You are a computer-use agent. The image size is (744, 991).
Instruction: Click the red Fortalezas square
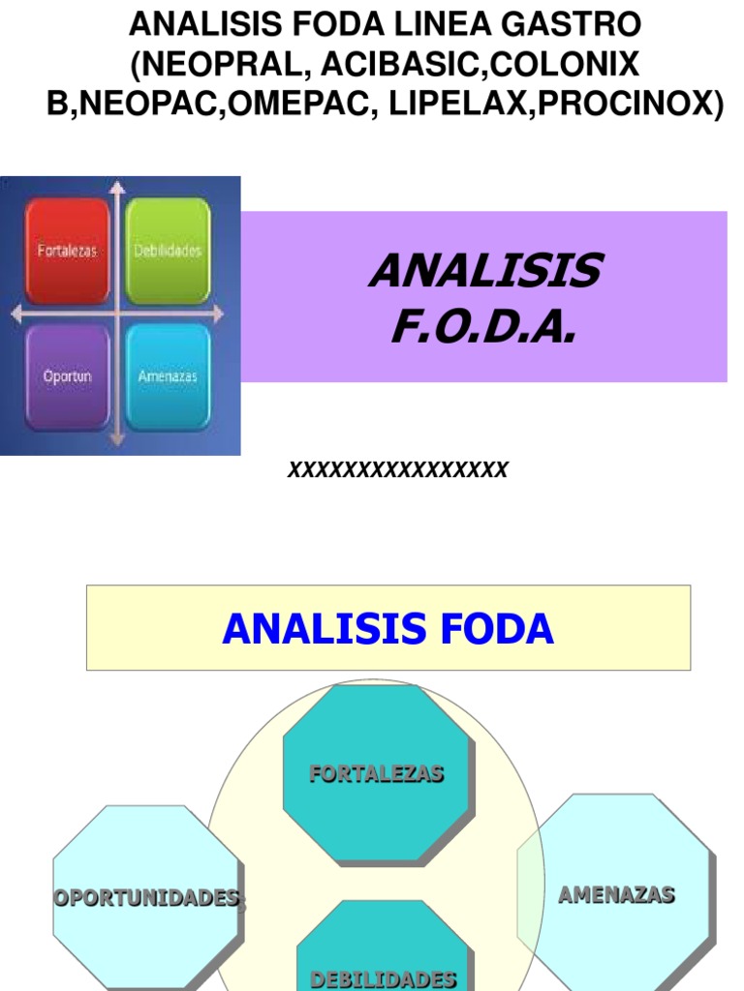click(x=67, y=251)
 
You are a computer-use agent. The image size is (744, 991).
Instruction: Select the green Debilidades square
click(x=168, y=251)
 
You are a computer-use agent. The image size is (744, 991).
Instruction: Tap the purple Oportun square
click(x=67, y=376)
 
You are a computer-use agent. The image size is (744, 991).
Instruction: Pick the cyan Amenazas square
click(x=168, y=376)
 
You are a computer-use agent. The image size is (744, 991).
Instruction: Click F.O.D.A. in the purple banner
click(x=483, y=327)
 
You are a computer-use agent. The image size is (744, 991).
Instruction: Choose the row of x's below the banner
click(x=397, y=470)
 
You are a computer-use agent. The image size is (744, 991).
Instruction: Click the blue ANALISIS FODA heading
click(x=387, y=629)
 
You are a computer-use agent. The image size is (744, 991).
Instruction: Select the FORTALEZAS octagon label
click(x=377, y=773)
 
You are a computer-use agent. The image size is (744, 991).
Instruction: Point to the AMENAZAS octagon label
click(x=616, y=895)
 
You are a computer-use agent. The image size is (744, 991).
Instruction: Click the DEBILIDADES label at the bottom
click(x=383, y=978)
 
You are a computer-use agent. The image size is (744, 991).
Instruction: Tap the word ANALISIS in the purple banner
click(x=483, y=272)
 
